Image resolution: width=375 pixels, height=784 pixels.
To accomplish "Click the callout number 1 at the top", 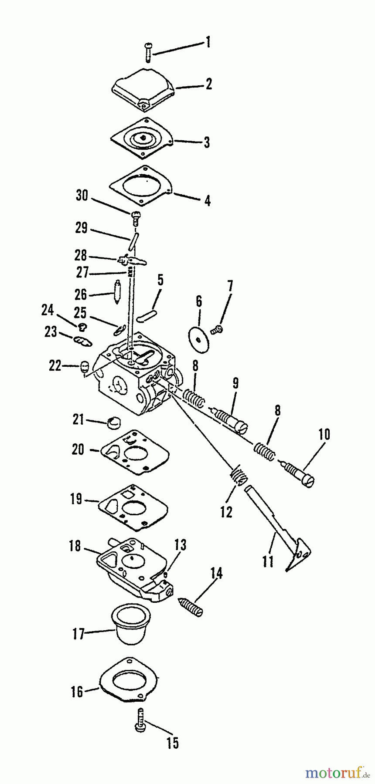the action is pos(208,42).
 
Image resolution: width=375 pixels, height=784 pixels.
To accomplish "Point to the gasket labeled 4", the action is pos(142,186).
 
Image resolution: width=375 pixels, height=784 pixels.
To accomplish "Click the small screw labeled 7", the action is pos(217,330).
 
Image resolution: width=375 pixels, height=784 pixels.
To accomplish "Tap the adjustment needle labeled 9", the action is pos(229,419).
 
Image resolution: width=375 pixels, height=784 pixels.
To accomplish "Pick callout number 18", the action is pos(75,546).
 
